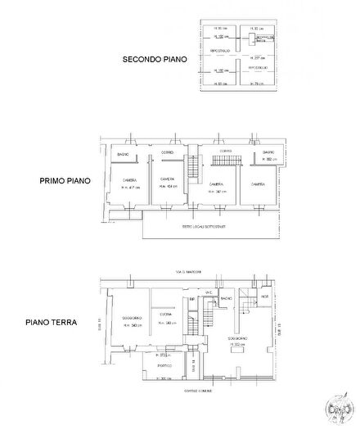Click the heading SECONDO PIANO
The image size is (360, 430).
point(155,59)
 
